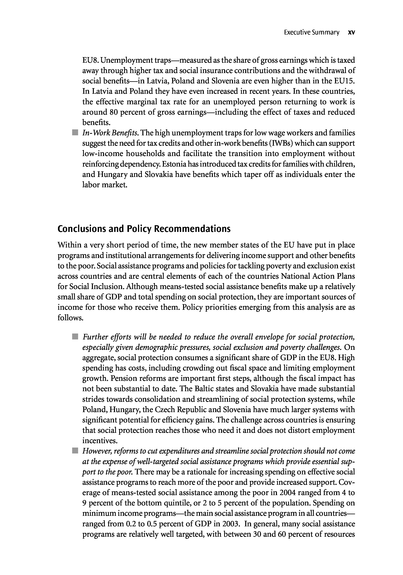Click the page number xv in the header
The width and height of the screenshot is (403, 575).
point(352,32)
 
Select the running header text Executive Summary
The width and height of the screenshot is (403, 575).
point(311,32)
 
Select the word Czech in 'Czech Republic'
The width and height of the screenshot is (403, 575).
point(165,409)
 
